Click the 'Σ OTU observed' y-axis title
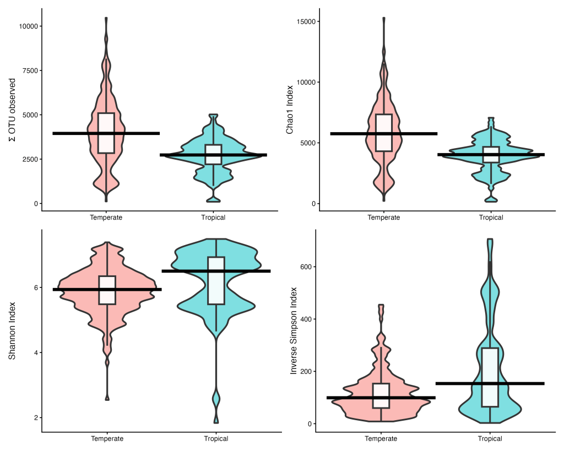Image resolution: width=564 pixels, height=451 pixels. pos(12,110)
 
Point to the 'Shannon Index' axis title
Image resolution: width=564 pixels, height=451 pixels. pos(12,332)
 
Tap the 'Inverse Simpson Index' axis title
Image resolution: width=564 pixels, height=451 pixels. pos(294,331)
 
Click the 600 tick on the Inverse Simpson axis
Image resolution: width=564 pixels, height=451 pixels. pos(306,267)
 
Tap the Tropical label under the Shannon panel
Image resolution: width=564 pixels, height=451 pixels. pos(216,439)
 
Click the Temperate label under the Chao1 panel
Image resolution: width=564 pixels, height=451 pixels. pos(384,218)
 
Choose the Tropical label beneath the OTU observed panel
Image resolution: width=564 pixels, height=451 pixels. pos(213,218)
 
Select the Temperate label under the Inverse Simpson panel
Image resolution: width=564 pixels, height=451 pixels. pos(381,439)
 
